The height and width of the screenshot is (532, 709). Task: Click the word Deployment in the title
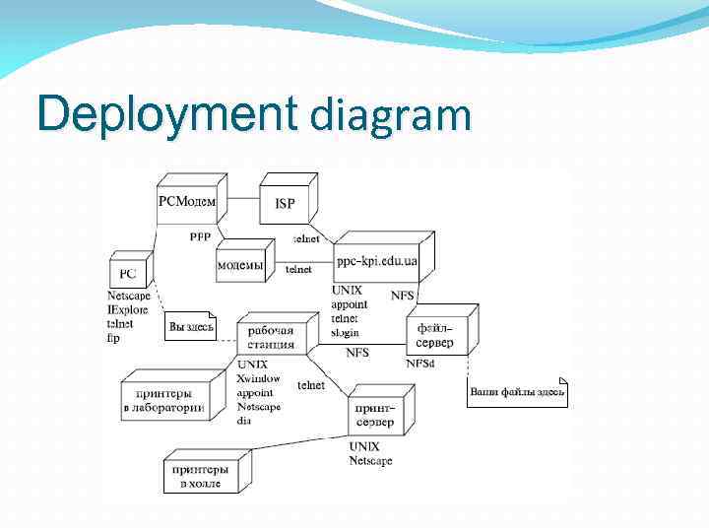(x=166, y=115)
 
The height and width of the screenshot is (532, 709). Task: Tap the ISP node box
(x=285, y=204)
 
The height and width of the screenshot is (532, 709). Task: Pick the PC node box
(x=128, y=272)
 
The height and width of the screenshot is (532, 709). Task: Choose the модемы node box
(x=240, y=265)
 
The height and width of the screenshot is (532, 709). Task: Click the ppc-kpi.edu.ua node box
(x=376, y=262)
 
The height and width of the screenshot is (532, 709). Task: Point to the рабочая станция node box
(x=271, y=338)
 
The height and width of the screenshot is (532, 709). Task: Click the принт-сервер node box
(x=374, y=415)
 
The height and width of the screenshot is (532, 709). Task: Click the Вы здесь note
(x=190, y=326)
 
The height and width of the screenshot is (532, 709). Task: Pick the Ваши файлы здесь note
(x=517, y=393)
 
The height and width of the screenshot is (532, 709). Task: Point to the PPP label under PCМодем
(x=200, y=236)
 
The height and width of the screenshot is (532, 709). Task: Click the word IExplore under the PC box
(x=127, y=309)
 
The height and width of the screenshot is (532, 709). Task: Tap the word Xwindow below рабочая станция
(x=258, y=378)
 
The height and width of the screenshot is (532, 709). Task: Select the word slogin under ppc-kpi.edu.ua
(x=348, y=332)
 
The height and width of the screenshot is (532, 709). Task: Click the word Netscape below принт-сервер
(x=370, y=460)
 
